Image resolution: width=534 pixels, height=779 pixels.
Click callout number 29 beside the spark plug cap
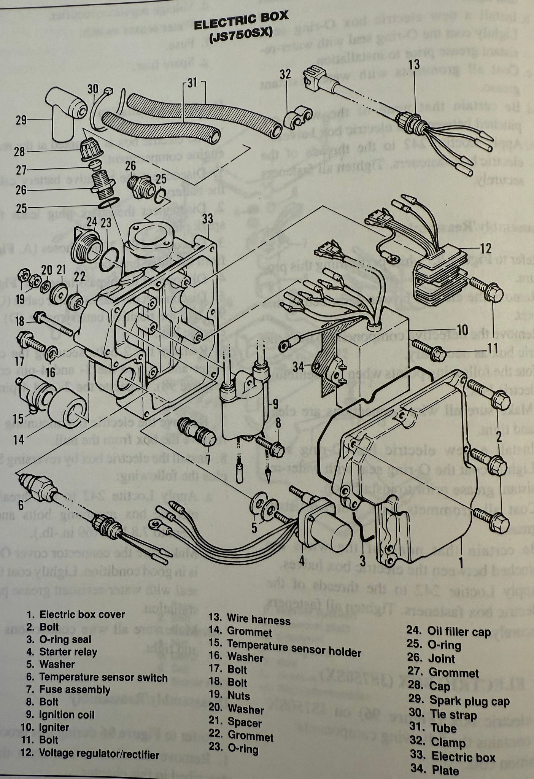(x=21, y=121)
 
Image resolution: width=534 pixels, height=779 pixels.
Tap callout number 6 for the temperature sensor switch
(x=21, y=505)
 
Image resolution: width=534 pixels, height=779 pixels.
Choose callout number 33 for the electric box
(x=208, y=219)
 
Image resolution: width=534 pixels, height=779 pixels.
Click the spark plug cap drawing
(x=65, y=114)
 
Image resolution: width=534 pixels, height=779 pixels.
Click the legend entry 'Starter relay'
(x=68, y=652)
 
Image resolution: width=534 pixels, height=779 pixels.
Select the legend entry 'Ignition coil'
(x=67, y=714)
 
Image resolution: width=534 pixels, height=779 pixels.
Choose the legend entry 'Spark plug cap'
(x=469, y=700)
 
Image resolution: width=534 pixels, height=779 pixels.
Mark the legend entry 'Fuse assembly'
(x=75, y=689)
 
